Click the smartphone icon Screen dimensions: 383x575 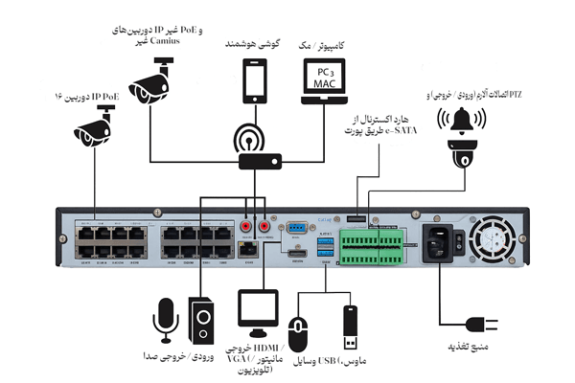tap(256, 82)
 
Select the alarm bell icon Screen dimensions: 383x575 tap(457, 121)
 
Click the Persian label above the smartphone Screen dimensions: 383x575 tap(256, 44)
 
